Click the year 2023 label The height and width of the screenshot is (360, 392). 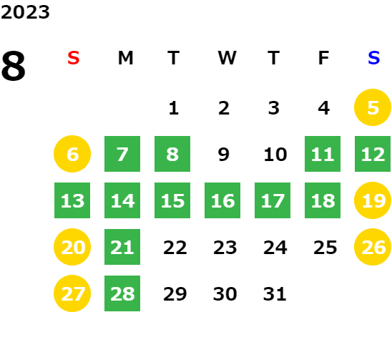click(25, 12)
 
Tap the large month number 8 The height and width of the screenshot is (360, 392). click(14, 66)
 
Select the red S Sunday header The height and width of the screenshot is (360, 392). click(74, 58)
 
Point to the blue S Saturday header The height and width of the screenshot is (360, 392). click(373, 58)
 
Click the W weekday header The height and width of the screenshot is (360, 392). click(227, 58)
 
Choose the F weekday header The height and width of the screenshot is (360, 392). click(323, 58)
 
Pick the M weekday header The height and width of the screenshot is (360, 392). click(125, 58)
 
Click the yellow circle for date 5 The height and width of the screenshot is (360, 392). click(373, 107)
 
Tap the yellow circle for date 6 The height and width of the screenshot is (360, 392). click(72, 154)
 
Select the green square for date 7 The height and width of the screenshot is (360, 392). click(122, 154)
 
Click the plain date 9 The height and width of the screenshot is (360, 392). click(223, 155)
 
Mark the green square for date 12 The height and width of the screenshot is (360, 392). click(373, 154)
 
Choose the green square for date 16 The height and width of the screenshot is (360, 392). click(222, 200)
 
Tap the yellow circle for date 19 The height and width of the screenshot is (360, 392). click(373, 200)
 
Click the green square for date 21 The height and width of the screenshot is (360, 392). click(122, 247)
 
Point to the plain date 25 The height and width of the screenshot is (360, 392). click(325, 248)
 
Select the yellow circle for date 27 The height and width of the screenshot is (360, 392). click(72, 293)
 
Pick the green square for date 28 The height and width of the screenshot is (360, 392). click(122, 293)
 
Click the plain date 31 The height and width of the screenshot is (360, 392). click(275, 294)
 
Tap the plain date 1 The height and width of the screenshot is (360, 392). click(174, 108)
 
